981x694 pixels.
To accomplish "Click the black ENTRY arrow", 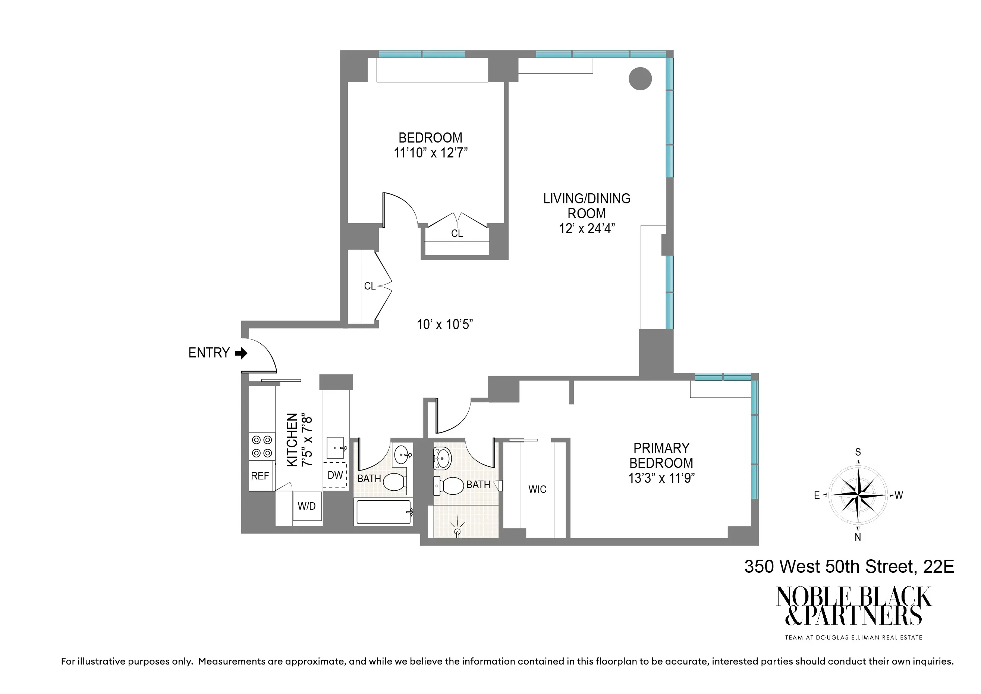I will click(241, 353).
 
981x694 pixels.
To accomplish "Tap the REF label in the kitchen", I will click(260, 476).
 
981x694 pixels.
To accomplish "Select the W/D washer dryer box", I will click(307, 506).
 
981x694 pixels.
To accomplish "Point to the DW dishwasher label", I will click(336, 475).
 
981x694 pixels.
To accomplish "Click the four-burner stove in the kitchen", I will click(262, 446).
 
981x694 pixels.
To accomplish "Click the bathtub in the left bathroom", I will click(383, 512).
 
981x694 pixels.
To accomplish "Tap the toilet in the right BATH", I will click(449, 485).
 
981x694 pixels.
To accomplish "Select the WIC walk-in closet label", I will click(537, 489).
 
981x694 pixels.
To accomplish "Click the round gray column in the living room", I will click(640, 79).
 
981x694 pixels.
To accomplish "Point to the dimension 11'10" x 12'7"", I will click(431, 153).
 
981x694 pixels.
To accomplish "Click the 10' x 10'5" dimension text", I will click(445, 325).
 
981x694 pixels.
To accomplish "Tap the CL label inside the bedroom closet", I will click(457, 234).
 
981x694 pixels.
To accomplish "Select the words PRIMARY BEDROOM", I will click(661, 456).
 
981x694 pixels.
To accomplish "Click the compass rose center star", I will click(858, 495).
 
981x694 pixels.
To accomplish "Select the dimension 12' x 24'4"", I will click(587, 229).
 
